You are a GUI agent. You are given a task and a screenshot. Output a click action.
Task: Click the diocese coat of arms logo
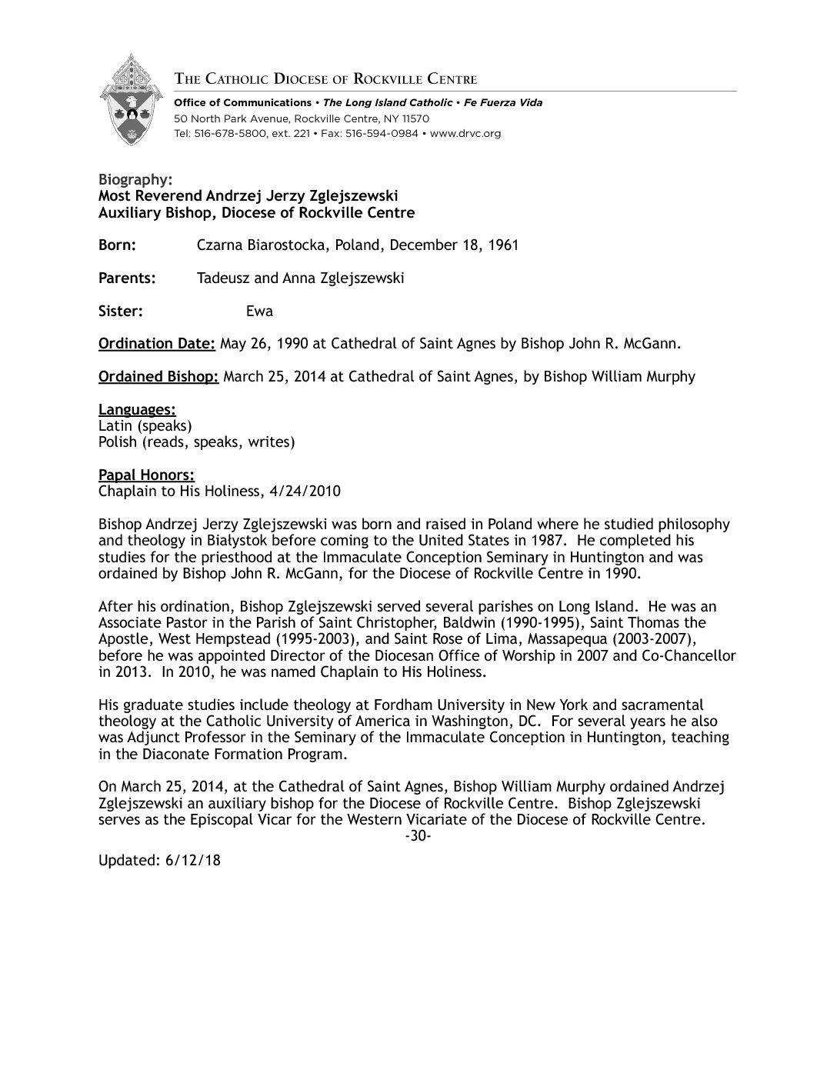(x=132, y=100)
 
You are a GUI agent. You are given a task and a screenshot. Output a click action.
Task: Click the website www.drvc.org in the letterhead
(x=465, y=133)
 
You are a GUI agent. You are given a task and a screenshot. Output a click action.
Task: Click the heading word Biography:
(x=132, y=179)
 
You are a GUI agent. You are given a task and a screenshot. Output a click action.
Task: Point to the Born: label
(x=117, y=245)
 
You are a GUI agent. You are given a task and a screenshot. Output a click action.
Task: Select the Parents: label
(x=127, y=278)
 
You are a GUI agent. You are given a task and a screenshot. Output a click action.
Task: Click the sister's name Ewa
(x=259, y=312)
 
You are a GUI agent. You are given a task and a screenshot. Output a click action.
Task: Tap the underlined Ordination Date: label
(x=156, y=344)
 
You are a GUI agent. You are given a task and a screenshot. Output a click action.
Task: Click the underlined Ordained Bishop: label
(x=158, y=377)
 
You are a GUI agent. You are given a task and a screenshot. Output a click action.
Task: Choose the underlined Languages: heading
(x=137, y=410)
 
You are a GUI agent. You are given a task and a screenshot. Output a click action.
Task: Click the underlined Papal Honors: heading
(x=146, y=475)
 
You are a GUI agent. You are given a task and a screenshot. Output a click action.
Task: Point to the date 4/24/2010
(x=309, y=492)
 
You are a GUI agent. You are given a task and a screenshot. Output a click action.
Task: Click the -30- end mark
(x=417, y=836)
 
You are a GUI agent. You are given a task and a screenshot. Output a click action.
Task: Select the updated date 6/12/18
(x=192, y=860)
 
